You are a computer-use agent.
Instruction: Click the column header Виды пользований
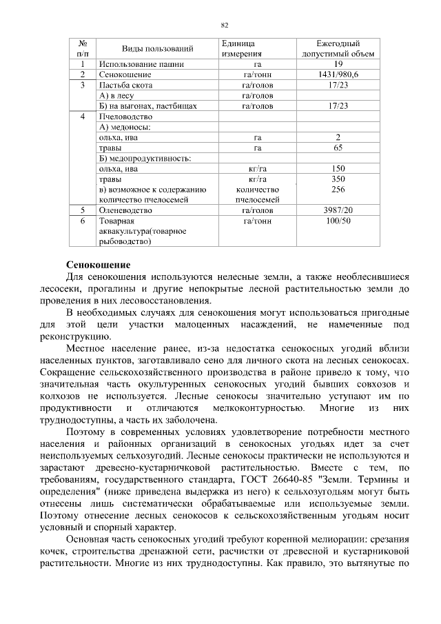point(158,48)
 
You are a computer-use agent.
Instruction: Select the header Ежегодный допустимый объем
point(338,48)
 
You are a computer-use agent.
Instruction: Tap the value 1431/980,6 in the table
point(338,74)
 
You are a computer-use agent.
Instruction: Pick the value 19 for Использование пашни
point(338,64)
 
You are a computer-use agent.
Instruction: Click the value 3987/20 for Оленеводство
point(338,210)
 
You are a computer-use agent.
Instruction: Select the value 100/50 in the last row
point(338,221)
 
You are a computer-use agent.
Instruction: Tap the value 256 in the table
point(338,189)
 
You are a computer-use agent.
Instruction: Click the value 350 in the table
point(338,179)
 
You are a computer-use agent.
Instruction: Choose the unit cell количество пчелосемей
point(257,194)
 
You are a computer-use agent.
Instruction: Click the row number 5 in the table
point(82,210)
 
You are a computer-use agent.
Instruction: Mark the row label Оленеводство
point(127,210)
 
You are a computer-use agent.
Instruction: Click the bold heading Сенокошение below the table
point(98,265)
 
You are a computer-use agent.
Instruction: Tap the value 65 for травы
point(338,148)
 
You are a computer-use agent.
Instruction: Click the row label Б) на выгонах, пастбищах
point(148,106)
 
